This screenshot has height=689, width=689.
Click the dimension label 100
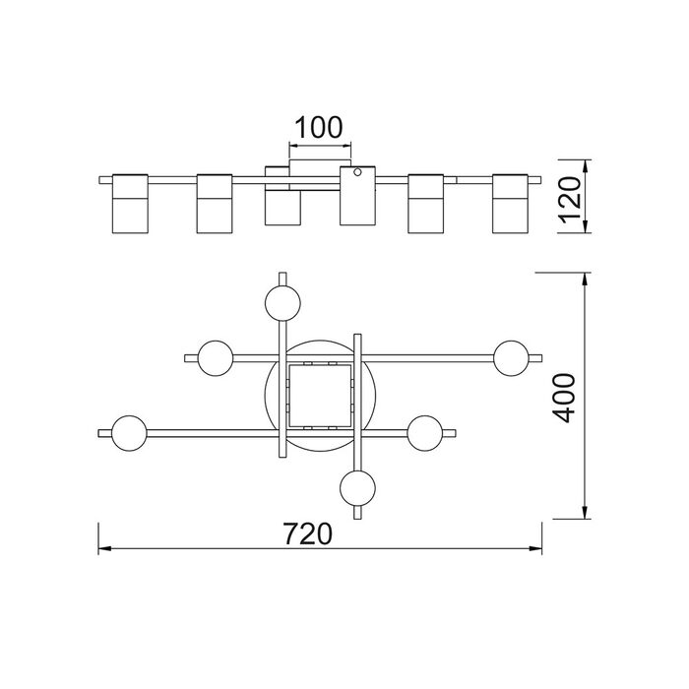pyautogui.click(x=318, y=127)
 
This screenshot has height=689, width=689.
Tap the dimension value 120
pyautogui.click(x=571, y=199)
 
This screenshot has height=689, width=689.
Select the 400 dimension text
pyautogui.click(x=564, y=398)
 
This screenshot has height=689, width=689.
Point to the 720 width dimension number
pyautogui.click(x=307, y=533)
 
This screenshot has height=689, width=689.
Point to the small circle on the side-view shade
pyautogui.click(x=357, y=172)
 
